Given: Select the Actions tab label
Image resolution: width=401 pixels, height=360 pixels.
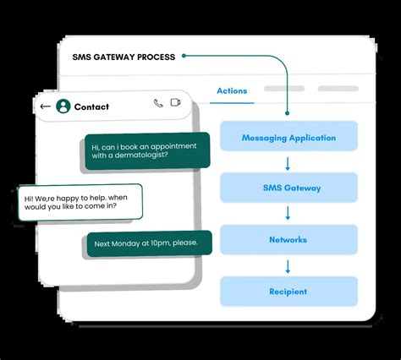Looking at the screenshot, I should (x=232, y=90).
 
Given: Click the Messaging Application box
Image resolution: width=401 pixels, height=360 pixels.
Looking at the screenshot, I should (x=288, y=138).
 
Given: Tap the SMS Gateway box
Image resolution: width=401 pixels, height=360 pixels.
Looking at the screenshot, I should (x=288, y=188).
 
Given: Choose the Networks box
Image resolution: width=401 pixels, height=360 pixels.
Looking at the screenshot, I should (x=288, y=240).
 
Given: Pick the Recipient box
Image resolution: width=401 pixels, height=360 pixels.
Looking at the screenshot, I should (x=288, y=292).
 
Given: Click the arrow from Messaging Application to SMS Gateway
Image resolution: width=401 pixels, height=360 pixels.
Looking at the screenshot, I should (x=288, y=163).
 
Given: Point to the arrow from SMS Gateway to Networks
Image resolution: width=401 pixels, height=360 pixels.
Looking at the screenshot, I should (x=288, y=215).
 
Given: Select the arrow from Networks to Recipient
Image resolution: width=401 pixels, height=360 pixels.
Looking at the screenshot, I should (x=288, y=266).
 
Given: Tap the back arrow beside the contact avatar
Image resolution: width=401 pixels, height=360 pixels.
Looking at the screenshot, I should (x=45, y=106).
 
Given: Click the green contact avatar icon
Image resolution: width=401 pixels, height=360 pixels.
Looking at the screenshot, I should (x=63, y=106).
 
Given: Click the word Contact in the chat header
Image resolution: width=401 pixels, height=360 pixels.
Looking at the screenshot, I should (x=91, y=106).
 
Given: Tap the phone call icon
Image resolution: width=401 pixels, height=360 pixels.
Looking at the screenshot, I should (x=158, y=103).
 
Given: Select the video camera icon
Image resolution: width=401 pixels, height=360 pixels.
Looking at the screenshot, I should (x=176, y=103).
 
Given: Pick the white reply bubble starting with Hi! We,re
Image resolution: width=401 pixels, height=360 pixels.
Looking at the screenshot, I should (x=80, y=202).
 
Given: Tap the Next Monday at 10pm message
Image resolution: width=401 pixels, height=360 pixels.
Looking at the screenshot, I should (x=149, y=243).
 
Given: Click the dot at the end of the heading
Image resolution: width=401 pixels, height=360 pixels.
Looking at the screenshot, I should (x=184, y=57).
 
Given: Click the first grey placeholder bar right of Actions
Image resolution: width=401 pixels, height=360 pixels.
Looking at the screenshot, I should (x=283, y=89).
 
